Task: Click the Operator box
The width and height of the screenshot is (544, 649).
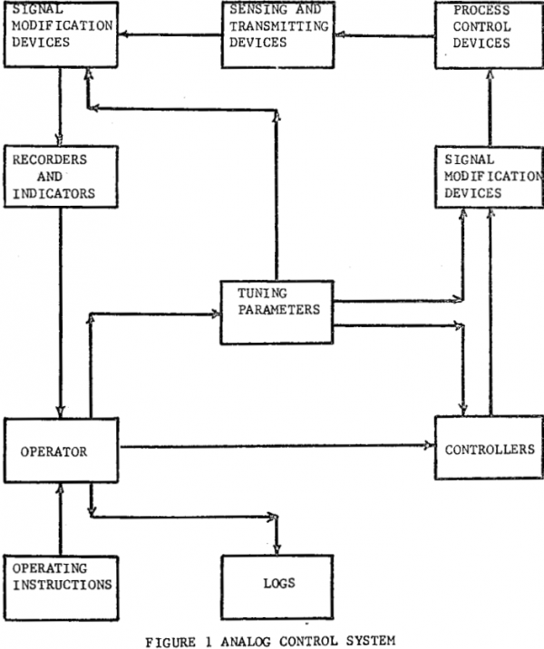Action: (61, 450)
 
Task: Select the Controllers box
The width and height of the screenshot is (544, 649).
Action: (489, 448)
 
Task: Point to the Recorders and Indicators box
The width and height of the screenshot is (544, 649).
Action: (61, 176)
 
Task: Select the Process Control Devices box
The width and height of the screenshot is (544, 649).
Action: (489, 34)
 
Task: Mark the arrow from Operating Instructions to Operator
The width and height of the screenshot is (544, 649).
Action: (61, 517)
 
